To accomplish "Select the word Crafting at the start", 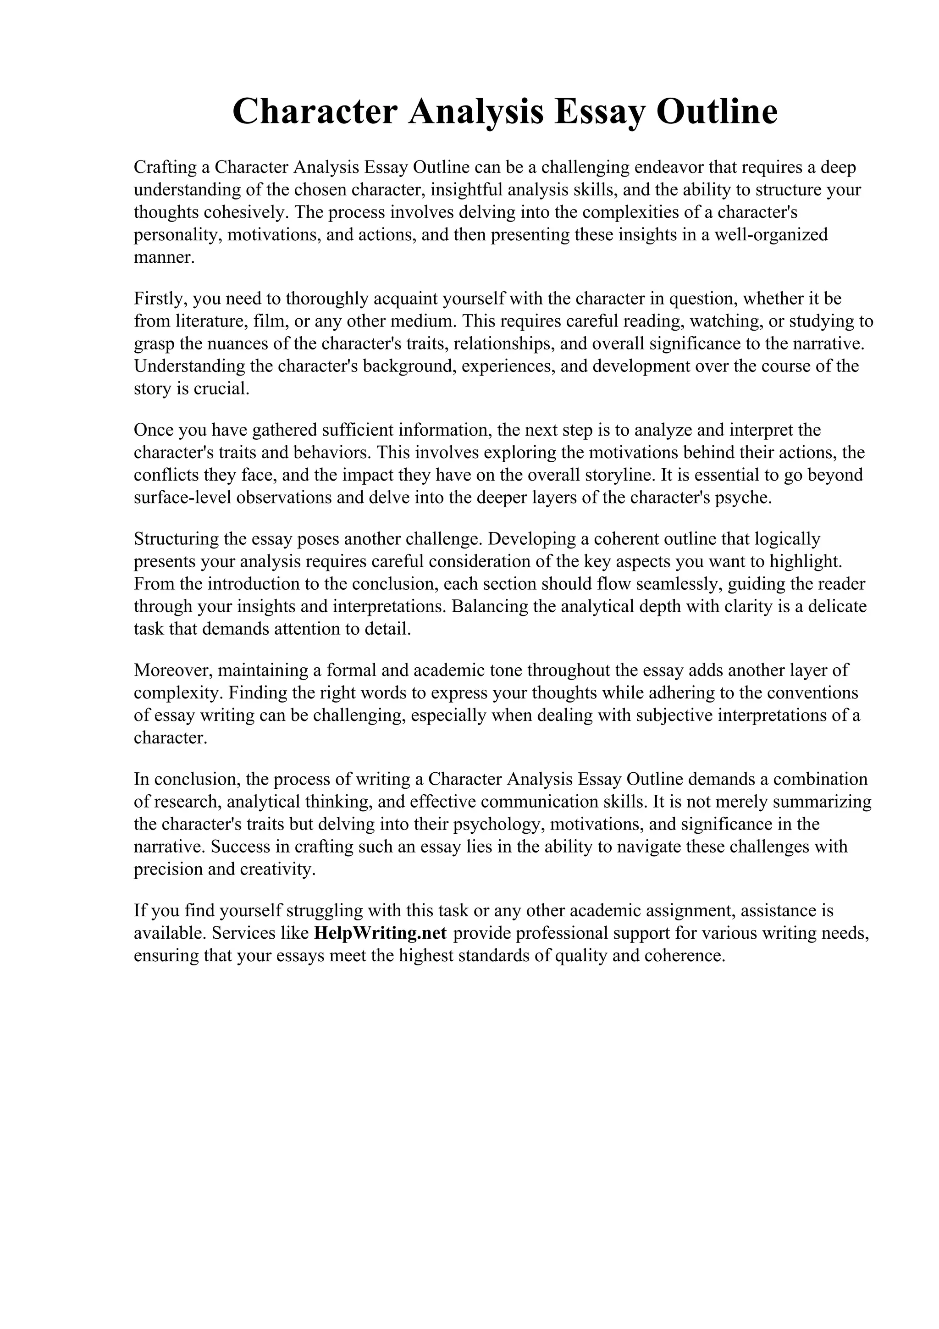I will point(164,167).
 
